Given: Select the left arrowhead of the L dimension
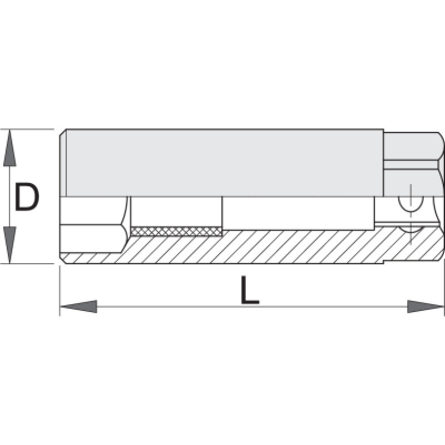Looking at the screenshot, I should [x=78, y=306].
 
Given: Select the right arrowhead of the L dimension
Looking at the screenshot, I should [x=426, y=306].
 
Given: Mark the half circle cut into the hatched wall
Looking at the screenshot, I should [x=410, y=229].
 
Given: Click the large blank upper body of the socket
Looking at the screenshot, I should [x=222, y=163].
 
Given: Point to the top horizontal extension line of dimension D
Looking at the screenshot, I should [x=31, y=130].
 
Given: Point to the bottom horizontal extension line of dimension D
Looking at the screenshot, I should [x=31, y=264].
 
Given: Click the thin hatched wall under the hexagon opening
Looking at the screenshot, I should [x=92, y=258].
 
